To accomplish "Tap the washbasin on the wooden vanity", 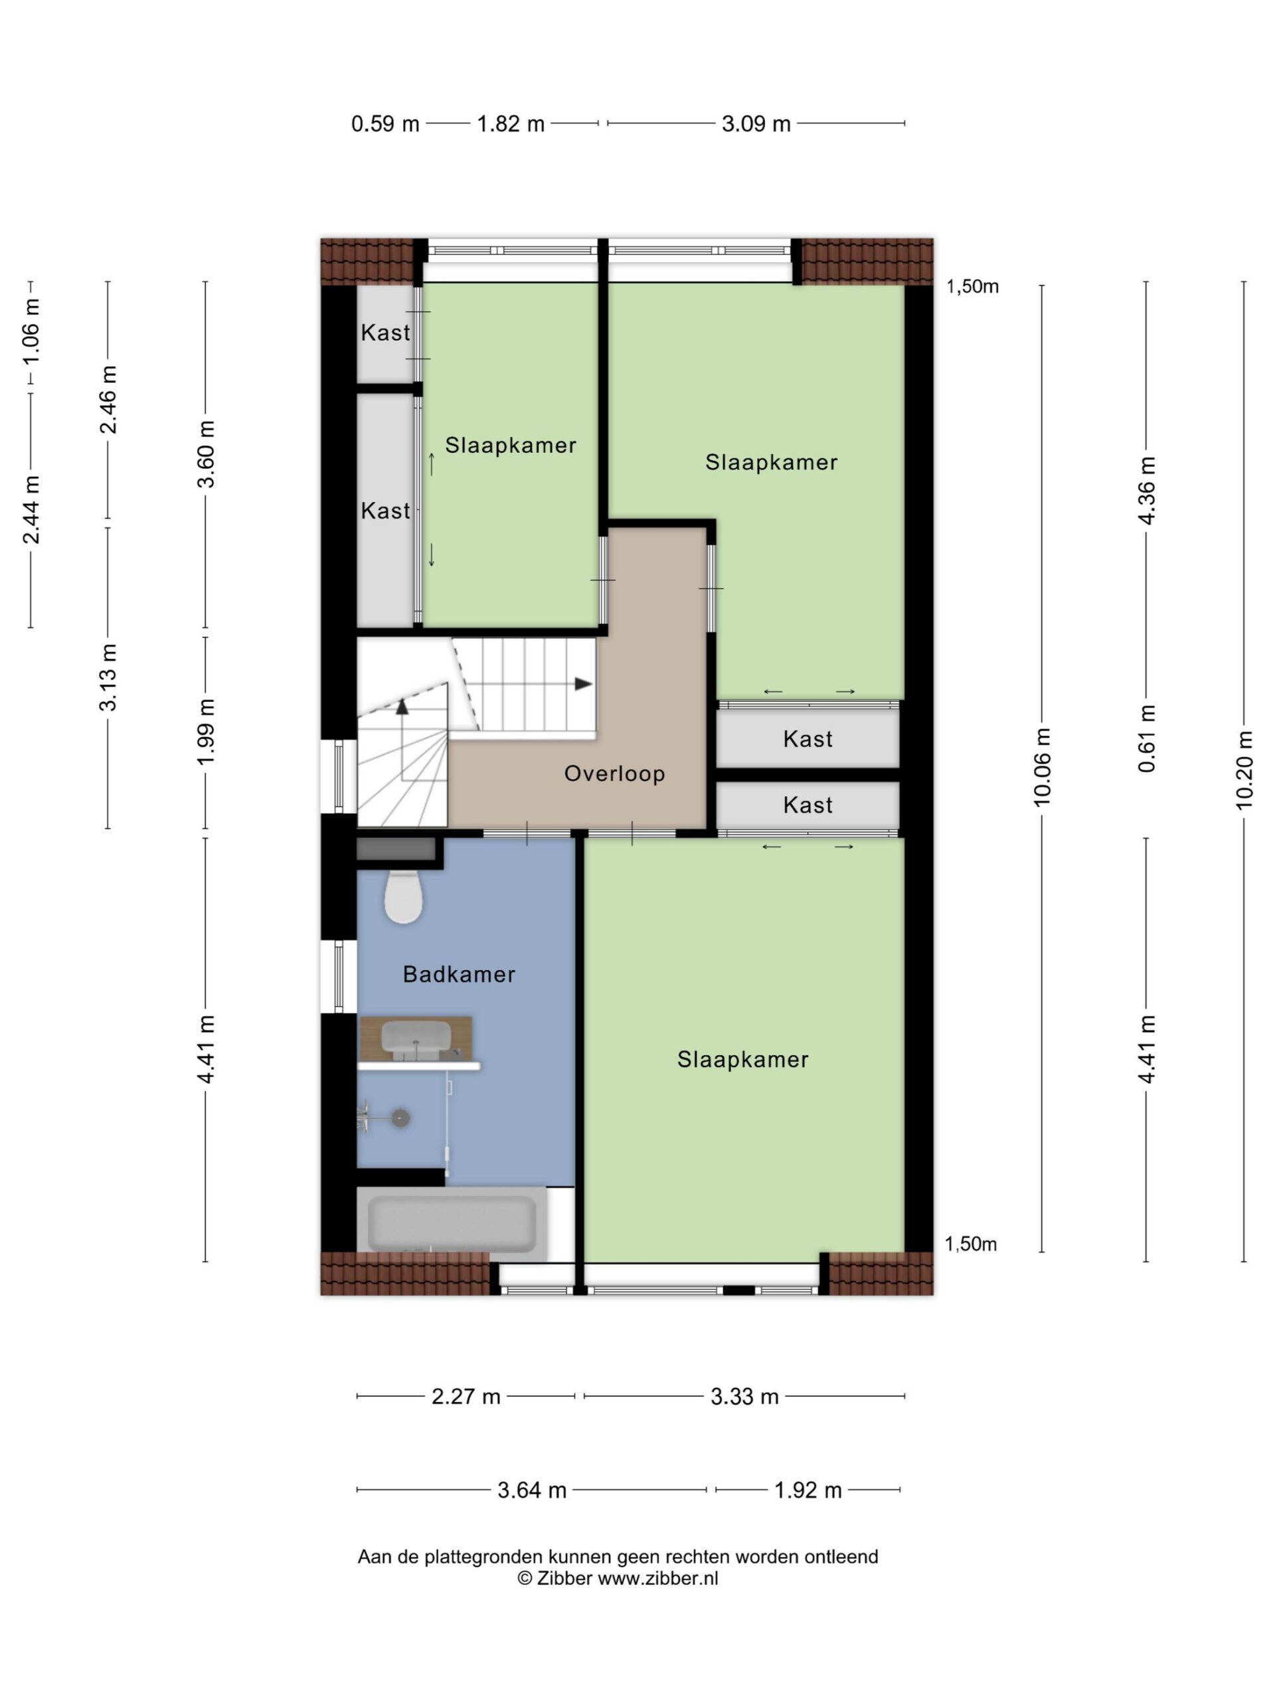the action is point(416,1039).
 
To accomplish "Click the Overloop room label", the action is point(614,773).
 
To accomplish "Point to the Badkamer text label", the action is point(459,974).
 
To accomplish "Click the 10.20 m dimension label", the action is point(1244,770).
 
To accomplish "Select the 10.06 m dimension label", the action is point(1041,767).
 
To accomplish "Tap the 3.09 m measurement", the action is point(756,124).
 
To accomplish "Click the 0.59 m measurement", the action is point(385,124).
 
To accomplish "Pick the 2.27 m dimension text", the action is point(466,1396).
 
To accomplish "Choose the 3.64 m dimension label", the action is point(532,1490).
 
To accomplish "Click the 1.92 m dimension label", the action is point(807,1490).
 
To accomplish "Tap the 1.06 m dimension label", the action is point(31,331).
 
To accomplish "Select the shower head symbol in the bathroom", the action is point(400,1118).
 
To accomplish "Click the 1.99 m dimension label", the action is point(205,732).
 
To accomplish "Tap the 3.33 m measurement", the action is point(744,1396).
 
